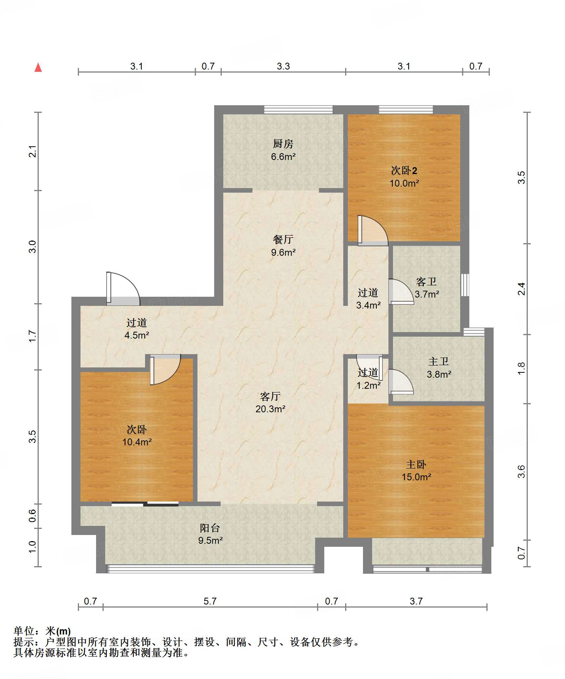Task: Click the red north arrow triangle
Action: (38, 67)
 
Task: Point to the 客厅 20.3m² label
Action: (270, 402)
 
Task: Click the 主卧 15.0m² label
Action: (417, 470)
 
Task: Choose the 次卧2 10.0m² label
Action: (404, 177)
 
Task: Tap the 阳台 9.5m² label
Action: (210, 533)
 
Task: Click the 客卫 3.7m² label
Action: (426, 288)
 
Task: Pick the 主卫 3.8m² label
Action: (439, 368)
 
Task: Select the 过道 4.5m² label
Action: (137, 329)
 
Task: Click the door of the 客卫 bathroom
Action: (401, 292)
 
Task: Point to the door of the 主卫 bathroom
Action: (401, 381)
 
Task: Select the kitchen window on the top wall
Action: (298, 110)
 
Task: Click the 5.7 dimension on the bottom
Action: (210, 601)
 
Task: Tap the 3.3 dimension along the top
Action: (283, 66)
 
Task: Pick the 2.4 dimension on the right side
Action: (522, 289)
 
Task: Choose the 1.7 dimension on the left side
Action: (33, 336)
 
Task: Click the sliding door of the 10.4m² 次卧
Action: (145, 504)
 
